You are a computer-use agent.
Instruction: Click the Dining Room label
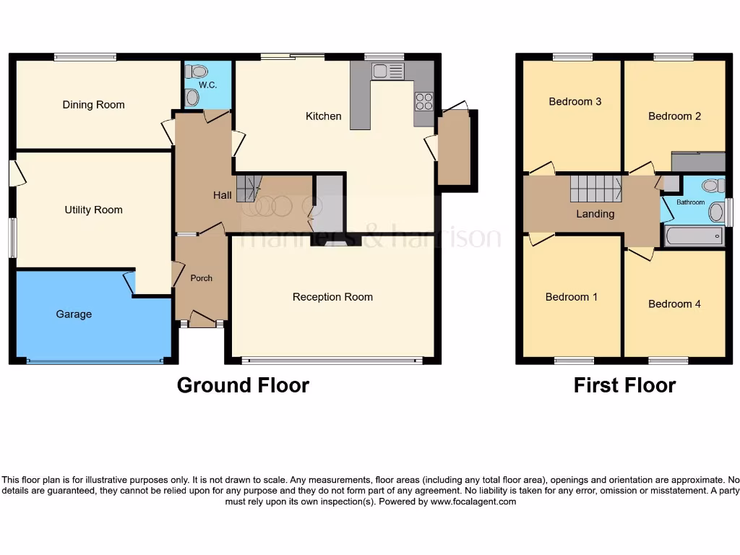point(93,105)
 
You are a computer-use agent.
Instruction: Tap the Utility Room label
point(93,210)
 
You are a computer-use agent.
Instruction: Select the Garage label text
point(74,314)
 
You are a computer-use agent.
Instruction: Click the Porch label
point(201,278)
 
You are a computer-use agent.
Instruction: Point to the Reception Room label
point(332,297)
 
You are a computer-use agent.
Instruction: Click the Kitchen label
point(323,116)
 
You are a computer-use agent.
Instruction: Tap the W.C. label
point(207,85)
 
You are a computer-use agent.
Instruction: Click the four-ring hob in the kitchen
point(423,102)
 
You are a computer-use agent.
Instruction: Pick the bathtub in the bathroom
point(694,236)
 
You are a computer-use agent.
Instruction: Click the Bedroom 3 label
point(575,102)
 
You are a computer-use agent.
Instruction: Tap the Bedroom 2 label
point(674,116)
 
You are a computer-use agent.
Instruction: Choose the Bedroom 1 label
point(571,297)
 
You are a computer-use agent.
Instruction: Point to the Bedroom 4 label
point(674,304)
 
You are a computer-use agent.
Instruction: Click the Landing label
point(595,214)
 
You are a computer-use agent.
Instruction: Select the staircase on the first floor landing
point(595,189)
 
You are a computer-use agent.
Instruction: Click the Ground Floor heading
point(243,385)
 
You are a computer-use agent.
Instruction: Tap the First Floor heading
point(624,385)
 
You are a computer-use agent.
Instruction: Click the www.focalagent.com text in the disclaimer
point(473,502)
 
